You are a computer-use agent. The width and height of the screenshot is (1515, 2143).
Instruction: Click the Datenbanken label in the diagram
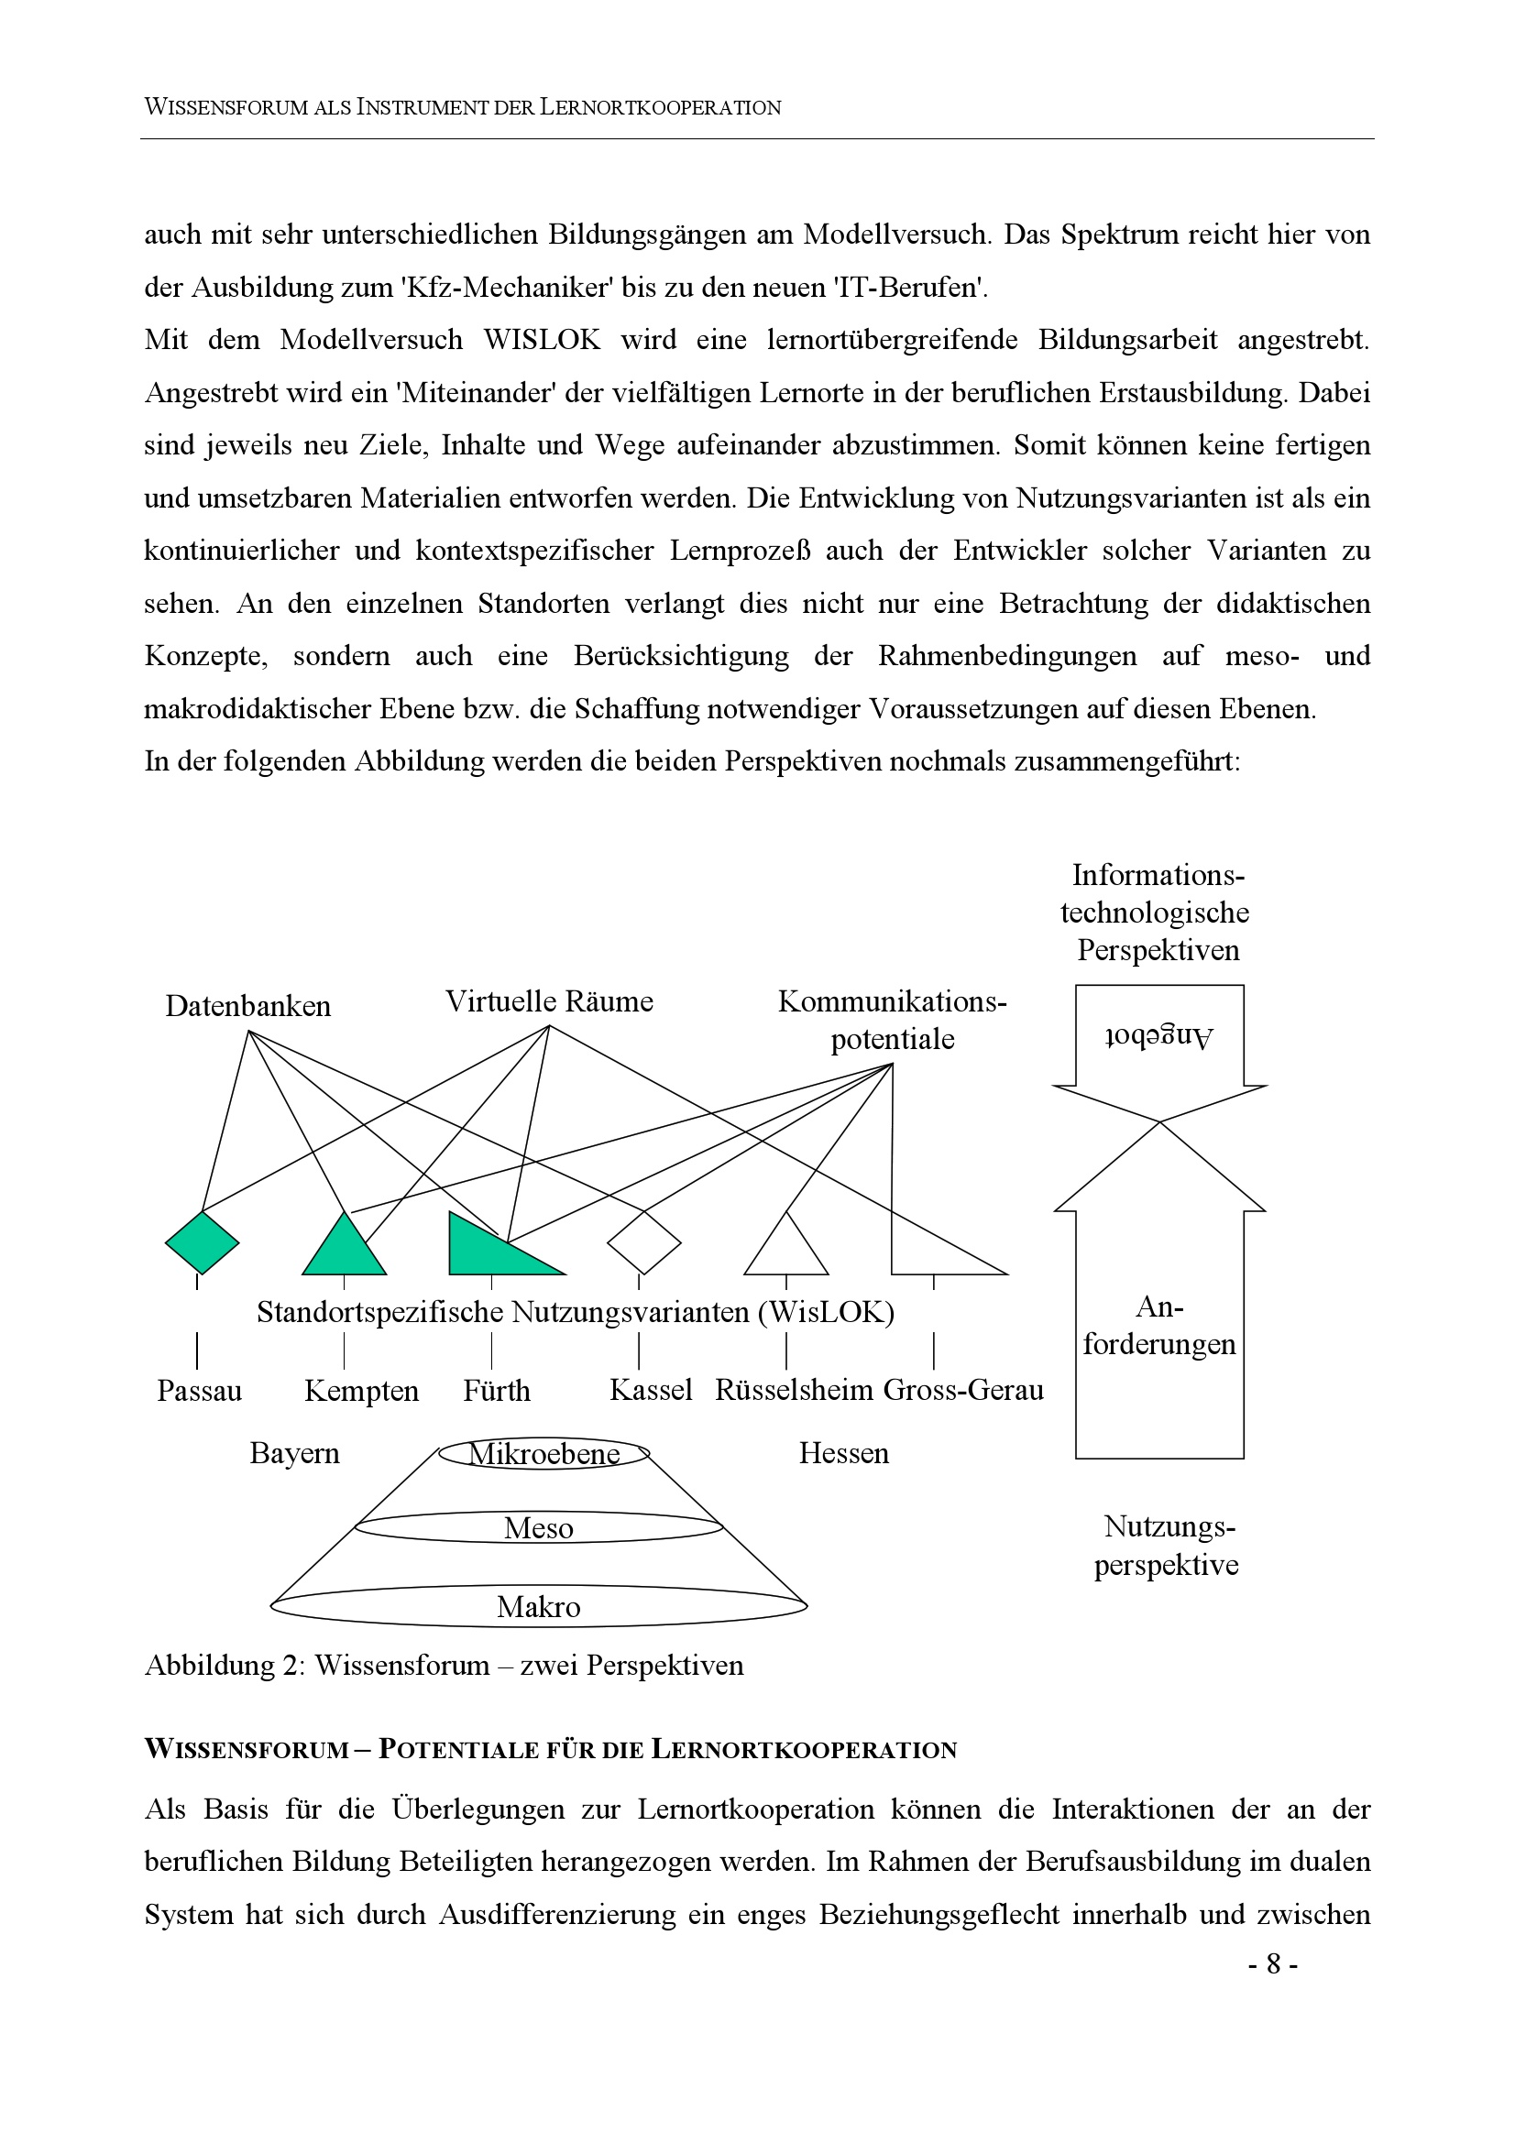tap(247, 1006)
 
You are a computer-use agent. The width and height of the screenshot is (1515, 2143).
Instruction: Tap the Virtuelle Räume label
tap(549, 1001)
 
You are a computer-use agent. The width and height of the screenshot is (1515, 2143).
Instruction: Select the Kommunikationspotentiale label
tap(893, 1020)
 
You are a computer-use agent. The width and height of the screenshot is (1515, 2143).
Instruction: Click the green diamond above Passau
tap(202, 1242)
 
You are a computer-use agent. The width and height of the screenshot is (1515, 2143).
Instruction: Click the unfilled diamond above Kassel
tap(644, 1242)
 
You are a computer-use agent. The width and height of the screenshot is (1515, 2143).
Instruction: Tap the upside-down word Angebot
tap(1158, 1037)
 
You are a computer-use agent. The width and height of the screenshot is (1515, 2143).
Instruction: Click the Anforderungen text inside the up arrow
tap(1159, 1327)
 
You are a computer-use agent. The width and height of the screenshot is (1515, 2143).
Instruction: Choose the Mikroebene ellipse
tap(544, 1454)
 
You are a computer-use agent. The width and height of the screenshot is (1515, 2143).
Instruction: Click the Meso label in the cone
tap(539, 1529)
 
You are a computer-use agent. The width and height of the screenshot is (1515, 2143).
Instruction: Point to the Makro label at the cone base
tap(539, 1607)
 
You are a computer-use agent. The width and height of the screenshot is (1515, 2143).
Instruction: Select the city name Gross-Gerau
tap(963, 1391)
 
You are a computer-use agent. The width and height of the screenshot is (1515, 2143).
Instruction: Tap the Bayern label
tap(294, 1454)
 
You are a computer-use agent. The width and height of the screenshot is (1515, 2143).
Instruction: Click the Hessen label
tap(844, 1454)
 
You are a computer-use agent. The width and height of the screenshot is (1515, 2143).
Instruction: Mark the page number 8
tap(1273, 1965)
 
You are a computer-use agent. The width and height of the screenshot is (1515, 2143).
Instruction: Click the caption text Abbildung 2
tap(223, 1666)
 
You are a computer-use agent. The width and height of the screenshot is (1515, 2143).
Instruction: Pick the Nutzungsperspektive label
tap(1167, 1546)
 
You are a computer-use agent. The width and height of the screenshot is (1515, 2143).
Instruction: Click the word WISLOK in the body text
tap(542, 340)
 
